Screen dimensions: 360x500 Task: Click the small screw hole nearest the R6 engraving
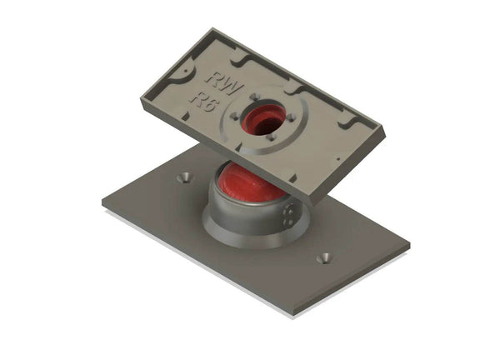(235, 117)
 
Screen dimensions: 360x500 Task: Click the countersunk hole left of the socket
(185, 177)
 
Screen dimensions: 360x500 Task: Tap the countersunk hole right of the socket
(323, 257)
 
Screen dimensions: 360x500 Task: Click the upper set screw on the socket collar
(288, 212)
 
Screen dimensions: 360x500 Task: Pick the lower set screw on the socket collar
(288, 222)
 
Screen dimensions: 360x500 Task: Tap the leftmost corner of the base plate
(103, 202)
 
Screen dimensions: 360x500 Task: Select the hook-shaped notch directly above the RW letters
(236, 60)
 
